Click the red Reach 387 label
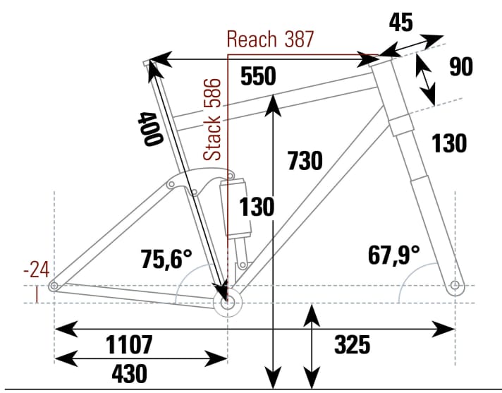pos(270,40)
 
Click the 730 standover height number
pos(305,161)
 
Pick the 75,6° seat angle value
pos(166,259)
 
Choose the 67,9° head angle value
pos(393,255)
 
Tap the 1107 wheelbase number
pos(129,344)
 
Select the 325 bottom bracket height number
pos(352,344)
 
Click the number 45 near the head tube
pos(400,23)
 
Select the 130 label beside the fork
pos(448,143)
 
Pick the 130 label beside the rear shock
pos(257,207)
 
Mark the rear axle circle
pos(54,286)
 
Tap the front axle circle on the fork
pos(455,285)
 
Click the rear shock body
pos(235,207)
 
